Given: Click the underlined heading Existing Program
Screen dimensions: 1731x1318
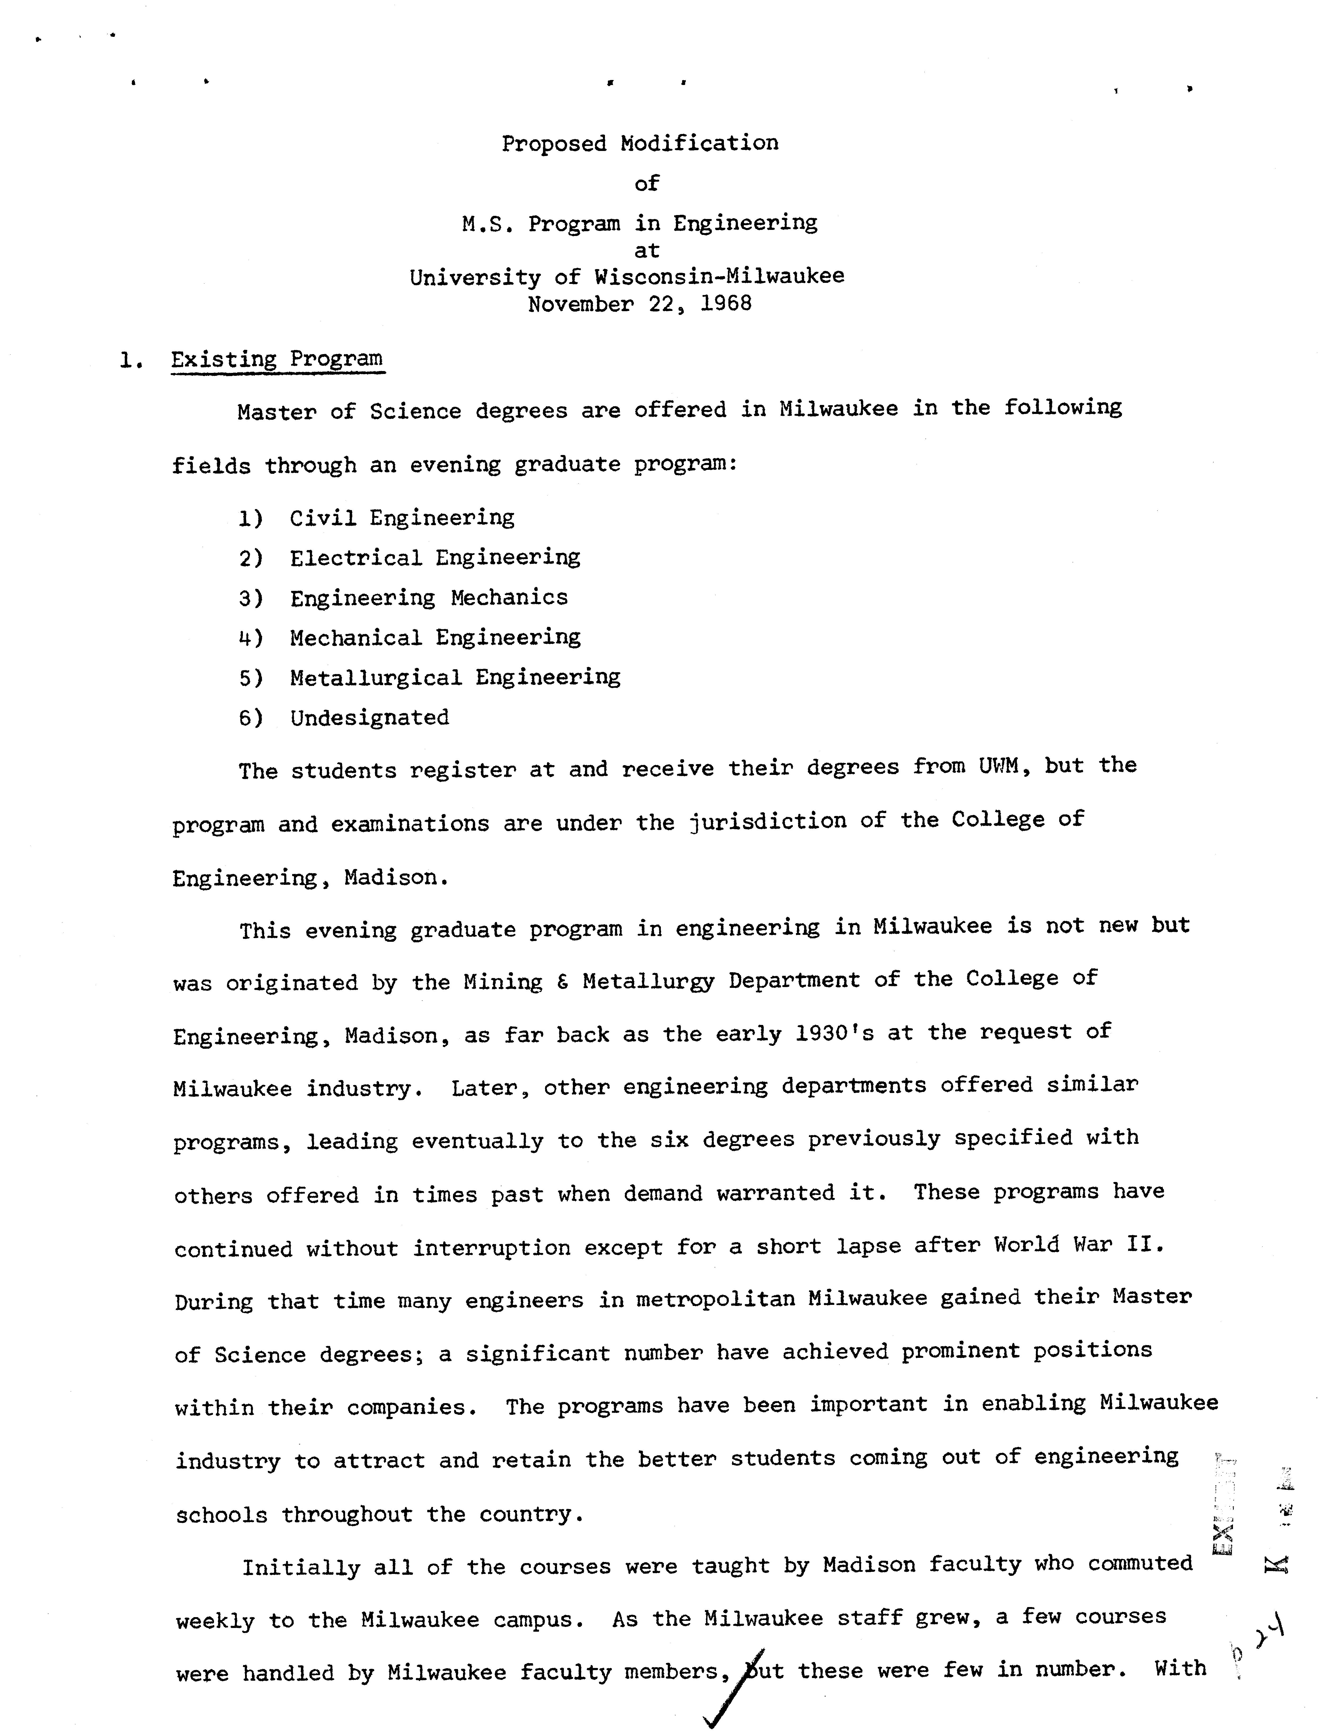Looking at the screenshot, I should (x=277, y=359).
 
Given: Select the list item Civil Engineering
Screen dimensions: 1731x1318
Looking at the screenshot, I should (x=402, y=518).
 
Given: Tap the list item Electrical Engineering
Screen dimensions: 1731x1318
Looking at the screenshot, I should (x=435, y=558).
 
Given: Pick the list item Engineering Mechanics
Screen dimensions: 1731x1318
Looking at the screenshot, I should (x=428, y=598).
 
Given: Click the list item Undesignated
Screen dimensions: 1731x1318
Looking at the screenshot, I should (x=369, y=718).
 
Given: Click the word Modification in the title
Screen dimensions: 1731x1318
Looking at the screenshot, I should (x=699, y=143).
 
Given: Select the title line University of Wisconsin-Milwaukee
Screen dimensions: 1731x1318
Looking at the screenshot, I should (x=627, y=276).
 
